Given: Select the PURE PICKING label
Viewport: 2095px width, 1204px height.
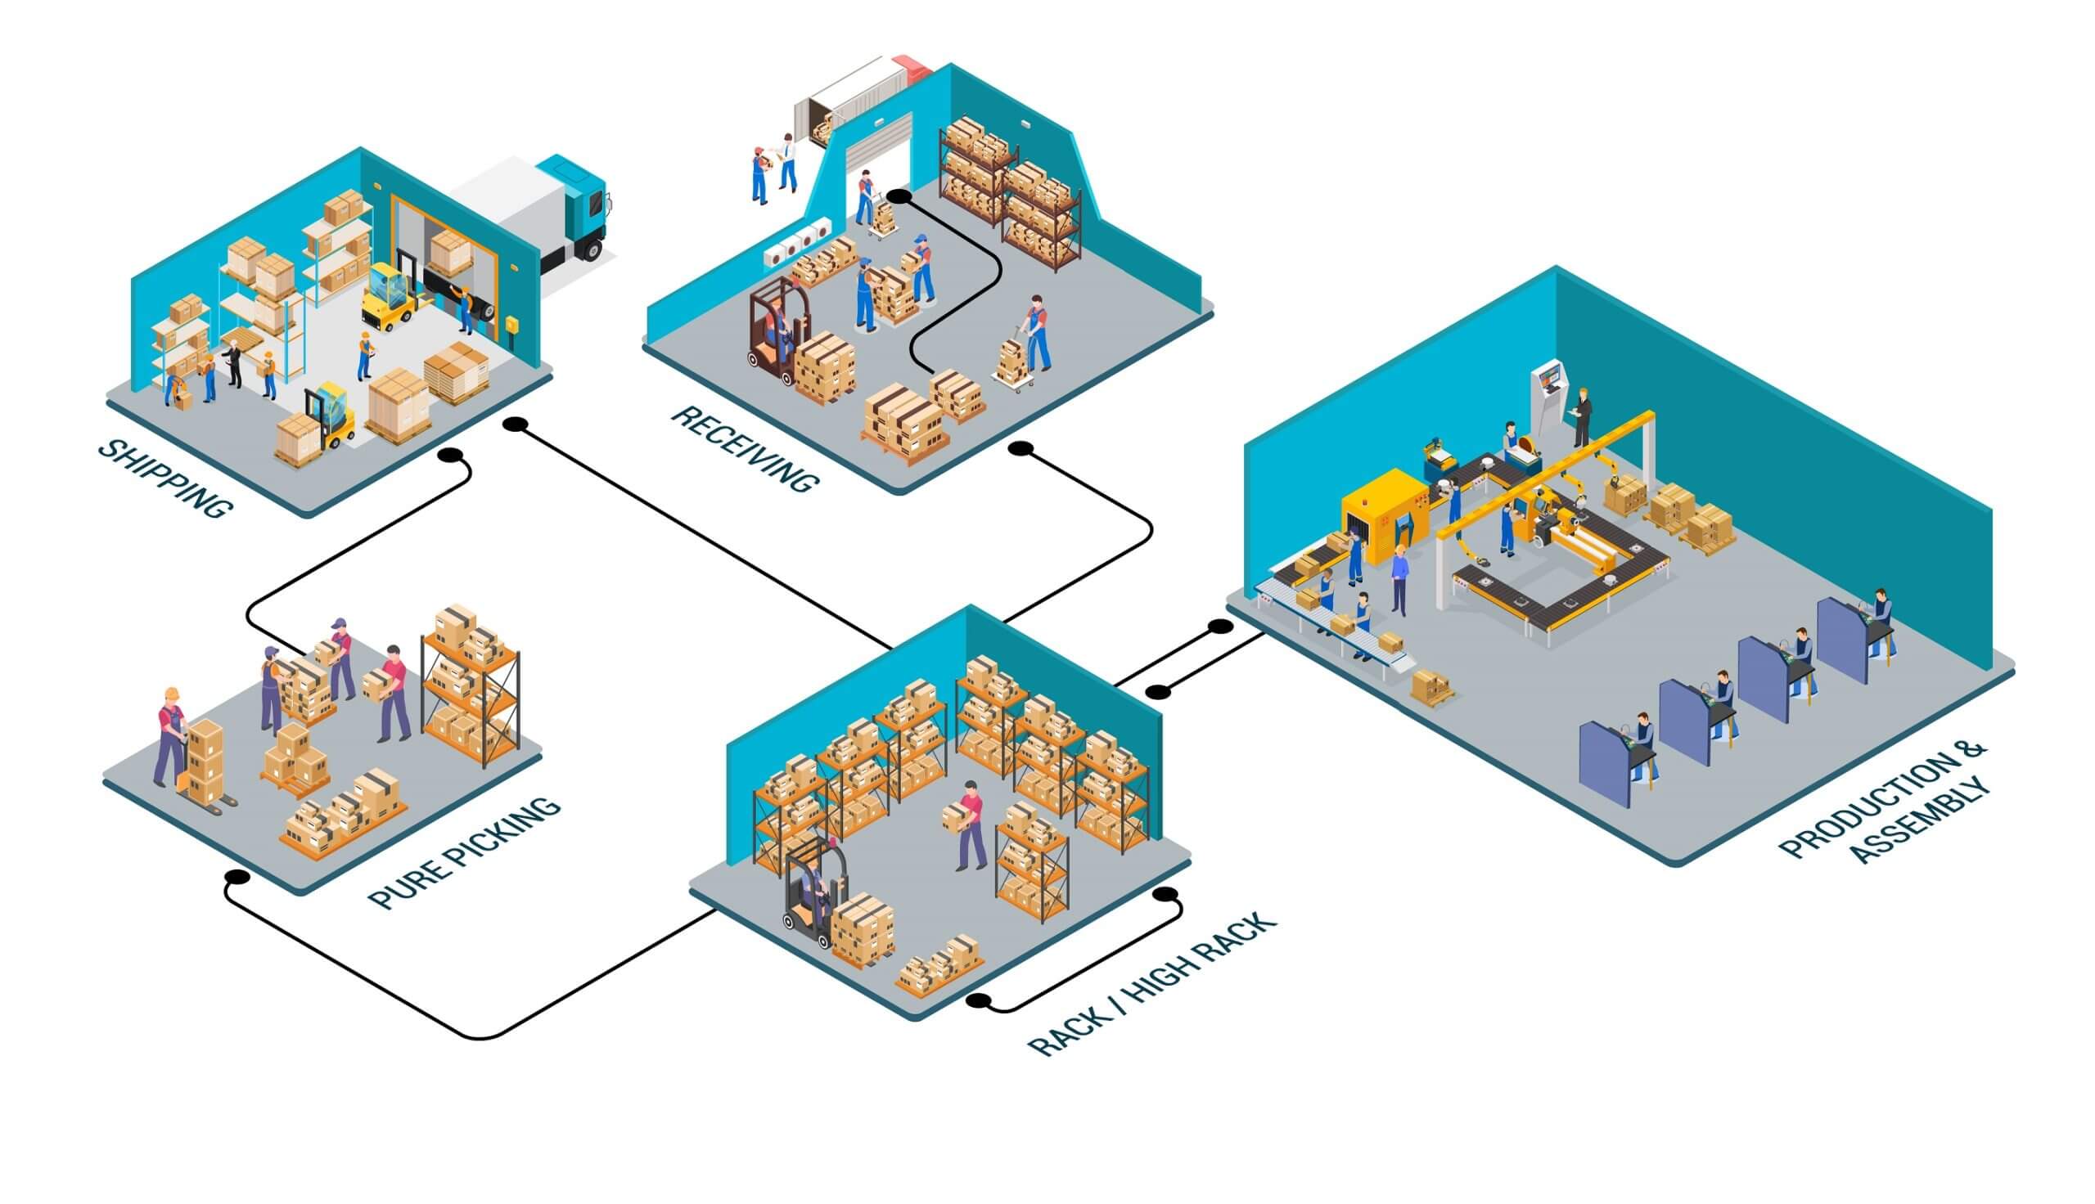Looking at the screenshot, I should point(464,851).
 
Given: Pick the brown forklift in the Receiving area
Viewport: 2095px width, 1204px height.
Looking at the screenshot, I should point(773,330).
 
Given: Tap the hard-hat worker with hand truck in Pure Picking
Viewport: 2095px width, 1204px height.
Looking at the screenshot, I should point(171,736).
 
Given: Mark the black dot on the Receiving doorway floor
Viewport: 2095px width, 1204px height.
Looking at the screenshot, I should point(899,197).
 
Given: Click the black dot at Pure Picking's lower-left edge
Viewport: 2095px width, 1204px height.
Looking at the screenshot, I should point(237,877).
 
